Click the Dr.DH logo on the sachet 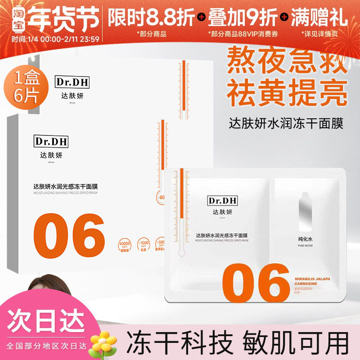220,200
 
